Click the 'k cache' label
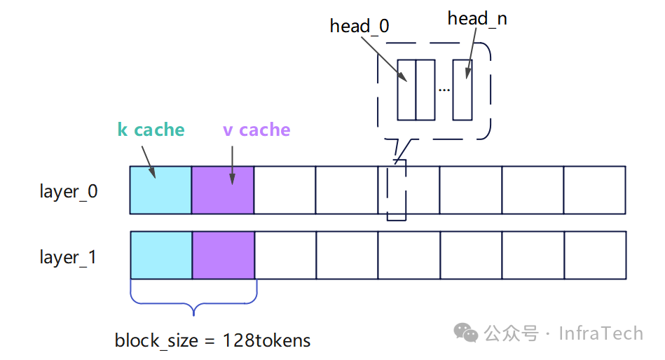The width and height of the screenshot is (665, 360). point(151,130)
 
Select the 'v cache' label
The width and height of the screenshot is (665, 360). point(256,130)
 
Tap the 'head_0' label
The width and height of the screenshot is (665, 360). point(359,27)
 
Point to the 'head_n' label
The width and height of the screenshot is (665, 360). point(477,19)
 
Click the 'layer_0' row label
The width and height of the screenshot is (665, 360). point(69,192)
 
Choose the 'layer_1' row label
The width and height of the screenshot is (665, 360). point(68,257)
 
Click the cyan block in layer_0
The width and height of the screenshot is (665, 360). point(160,190)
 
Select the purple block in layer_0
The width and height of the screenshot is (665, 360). point(223,190)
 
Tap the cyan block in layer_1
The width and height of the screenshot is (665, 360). point(162,255)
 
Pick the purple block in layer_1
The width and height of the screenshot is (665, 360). point(224,255)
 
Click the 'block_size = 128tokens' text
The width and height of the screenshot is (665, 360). point(212,340)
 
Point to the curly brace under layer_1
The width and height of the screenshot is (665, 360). point(193,303)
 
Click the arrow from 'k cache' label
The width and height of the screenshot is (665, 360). point(149,162)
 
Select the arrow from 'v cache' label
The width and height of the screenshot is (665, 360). point(233,165)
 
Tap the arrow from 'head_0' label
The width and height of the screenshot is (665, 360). point(384,60)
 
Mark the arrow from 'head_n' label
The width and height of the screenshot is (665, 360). point(471,53)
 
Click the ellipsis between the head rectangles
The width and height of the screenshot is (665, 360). point(444,90)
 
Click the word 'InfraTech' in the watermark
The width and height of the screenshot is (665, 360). point(601,333)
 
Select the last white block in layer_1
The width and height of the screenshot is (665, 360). point(596,255)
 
